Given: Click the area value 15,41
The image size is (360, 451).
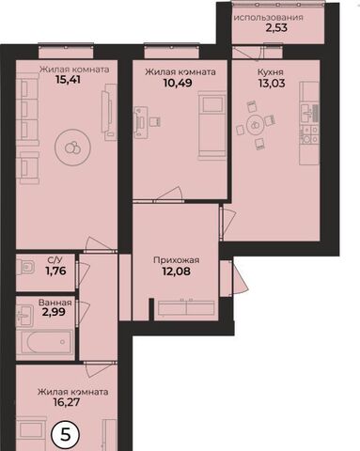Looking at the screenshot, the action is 68,80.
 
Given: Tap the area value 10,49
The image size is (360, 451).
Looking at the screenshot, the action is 178,83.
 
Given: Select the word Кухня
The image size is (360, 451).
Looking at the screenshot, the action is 271,72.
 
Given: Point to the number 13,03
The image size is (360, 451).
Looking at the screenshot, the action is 272,84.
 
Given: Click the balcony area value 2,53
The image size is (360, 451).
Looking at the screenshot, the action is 276,28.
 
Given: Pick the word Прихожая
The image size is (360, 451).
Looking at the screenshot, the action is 177,260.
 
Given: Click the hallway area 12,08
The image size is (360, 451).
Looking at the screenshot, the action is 176,272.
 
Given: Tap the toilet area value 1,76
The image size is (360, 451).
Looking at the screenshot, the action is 56,271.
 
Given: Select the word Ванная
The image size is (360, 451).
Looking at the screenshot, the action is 55,303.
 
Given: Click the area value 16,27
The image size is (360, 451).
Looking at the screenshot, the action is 67,402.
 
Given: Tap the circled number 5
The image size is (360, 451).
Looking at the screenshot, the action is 65,435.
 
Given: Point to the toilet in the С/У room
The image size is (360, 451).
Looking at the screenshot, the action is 25,268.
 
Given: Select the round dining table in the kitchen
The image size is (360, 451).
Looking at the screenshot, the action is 256,125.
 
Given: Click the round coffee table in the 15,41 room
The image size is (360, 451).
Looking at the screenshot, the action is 72,147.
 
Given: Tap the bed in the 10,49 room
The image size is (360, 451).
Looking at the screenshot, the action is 212,126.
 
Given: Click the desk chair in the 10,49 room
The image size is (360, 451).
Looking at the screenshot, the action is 155,121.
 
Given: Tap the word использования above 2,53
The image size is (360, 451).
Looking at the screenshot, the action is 269,18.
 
